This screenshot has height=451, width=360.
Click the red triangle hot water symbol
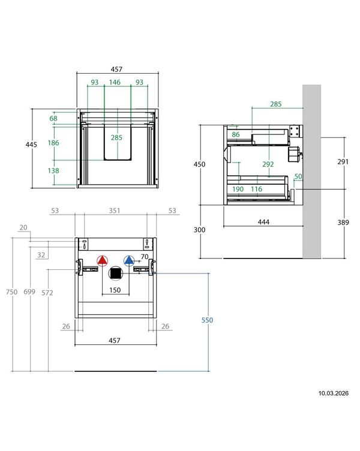tap(102, 261)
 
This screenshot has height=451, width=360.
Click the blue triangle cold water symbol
tap(129, 261)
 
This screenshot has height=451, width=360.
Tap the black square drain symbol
tap(115, 273)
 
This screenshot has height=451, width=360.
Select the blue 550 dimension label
tap(207, 320)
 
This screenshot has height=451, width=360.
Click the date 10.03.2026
tap(333, 393)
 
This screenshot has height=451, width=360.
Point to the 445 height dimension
tap(31, 145)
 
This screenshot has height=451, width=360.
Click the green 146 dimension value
tap(115, 82)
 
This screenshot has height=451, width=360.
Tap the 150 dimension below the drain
tap(115, 290)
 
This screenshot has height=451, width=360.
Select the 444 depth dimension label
tap(263, 222)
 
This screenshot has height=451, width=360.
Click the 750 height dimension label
tap(11, 292)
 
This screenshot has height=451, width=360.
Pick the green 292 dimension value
tap(268, 164)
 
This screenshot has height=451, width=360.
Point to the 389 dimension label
tap(343, 222)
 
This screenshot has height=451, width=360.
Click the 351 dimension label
tap(115, 211)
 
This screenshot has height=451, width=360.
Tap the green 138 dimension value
tap(53, 171)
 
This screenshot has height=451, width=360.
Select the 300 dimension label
tap(199, 230)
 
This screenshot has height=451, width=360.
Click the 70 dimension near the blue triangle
tap(145, 256)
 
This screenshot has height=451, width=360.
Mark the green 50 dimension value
tap(298, 176)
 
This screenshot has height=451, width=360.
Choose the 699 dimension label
tap(29, 291)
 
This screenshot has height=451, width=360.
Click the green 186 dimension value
tap(53, 143)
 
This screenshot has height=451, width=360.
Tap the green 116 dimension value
tap(256, 189)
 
